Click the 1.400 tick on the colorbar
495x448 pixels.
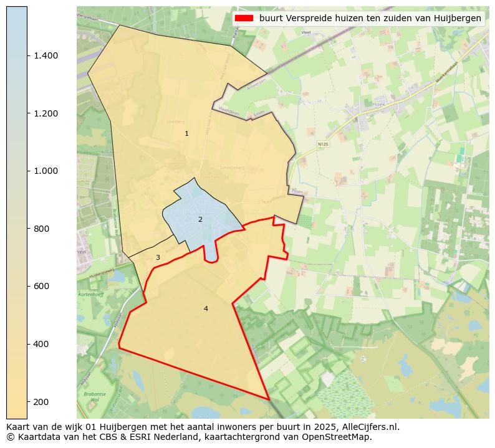[46, 55]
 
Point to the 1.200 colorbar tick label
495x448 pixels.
[46, 113]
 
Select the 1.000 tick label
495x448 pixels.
[46, 171]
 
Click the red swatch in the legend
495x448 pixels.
[244, 18]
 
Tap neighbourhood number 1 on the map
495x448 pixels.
[186, 133]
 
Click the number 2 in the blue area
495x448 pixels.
[200, 219]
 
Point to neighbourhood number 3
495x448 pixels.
[158, 257]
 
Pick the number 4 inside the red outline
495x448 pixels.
[206, 308]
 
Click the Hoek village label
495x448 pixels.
[379, 105]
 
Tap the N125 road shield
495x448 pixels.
[322, 144]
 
